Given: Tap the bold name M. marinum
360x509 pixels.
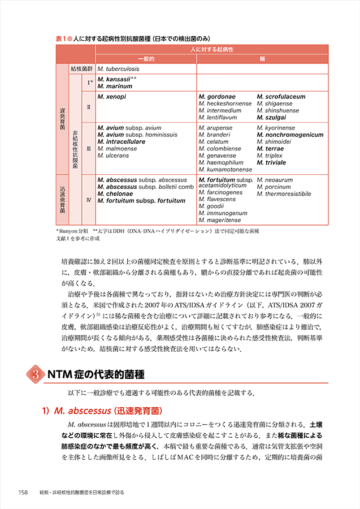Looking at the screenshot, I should pos(115,86).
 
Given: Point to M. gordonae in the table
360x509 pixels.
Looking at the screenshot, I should pos(218,97).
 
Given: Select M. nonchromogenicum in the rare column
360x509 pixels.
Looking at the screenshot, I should pos(290,135).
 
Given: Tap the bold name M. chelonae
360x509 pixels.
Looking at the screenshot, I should pos(115,193).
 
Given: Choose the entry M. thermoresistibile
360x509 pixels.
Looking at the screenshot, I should pos(284,193).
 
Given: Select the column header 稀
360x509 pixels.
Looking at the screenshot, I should pos(262,58).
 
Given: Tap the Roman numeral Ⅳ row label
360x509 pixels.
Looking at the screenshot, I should pos(88,200).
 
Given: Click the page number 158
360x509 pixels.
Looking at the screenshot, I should pos(24,491).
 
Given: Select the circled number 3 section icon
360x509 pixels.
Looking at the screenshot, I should pos(36,374).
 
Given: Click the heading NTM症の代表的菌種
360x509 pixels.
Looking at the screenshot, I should pos(96,374).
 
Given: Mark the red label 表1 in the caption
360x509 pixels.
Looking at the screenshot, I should pos(61,39).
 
